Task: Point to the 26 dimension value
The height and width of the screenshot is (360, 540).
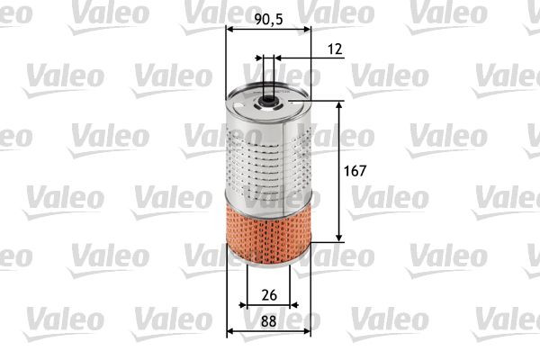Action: [267, 294]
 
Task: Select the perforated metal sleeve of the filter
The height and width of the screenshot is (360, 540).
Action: [267, 153]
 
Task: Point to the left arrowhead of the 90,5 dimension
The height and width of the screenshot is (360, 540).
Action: [229, 29]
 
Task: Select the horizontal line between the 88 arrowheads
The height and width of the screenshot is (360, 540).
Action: [267, 331]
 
